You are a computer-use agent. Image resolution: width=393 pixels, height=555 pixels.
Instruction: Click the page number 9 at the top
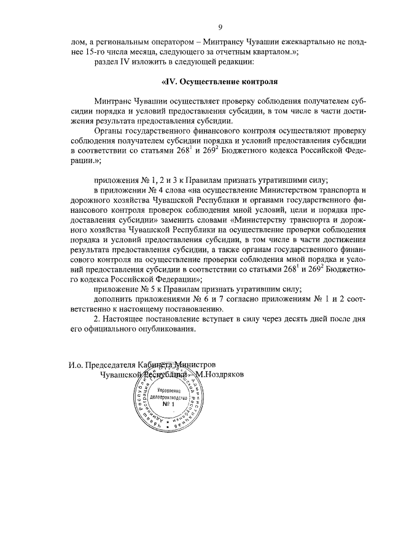click(x=220, y=27)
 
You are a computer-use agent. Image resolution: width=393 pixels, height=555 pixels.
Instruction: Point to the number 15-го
click(x=84, y=52)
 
